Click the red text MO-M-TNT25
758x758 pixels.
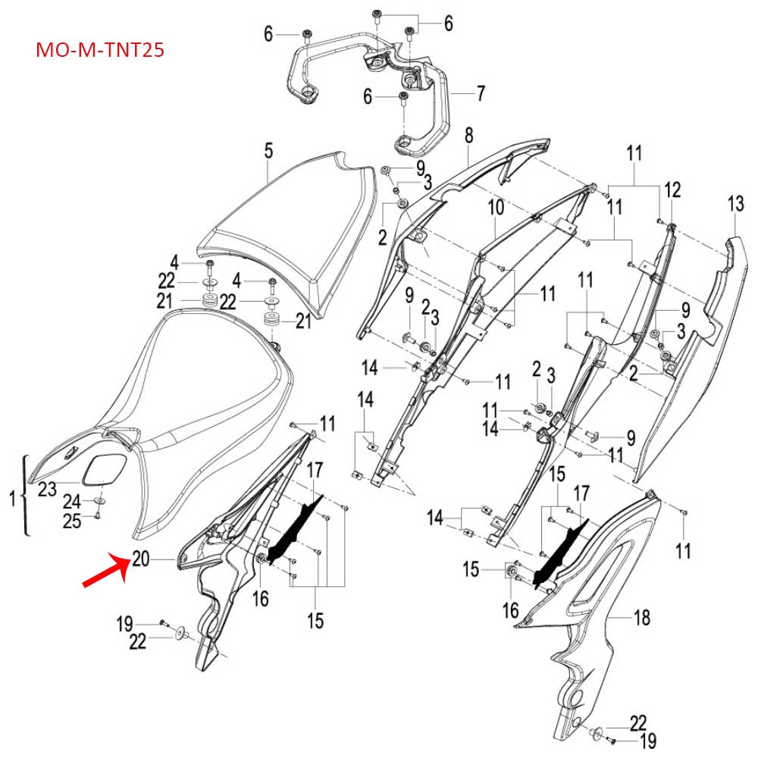100,51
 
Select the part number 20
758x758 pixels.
140,559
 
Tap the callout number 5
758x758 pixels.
268,150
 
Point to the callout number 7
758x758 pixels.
480,94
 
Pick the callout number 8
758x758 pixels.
468,136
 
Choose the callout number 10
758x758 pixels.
494,206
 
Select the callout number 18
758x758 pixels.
641,619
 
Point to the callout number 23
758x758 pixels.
47,490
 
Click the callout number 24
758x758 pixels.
71,501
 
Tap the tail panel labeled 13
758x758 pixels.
690,356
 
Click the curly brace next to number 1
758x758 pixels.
27,496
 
